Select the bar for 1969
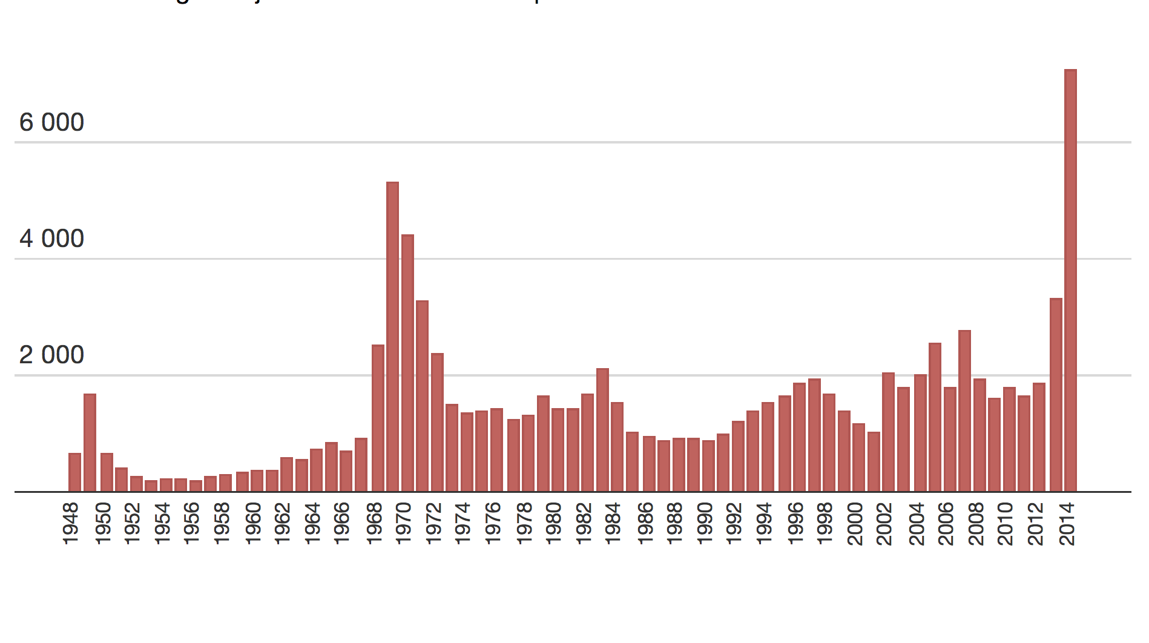click(392, 337)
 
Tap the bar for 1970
click(407, 363)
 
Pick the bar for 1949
click(90, 443)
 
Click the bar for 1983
click(602, 430)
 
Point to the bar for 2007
click(964, 411)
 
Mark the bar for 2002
click(888, 432)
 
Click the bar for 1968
click(378, 418)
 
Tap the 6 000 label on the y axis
click(51, 123)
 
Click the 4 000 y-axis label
click(51, 239)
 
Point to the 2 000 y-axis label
click(51, 355)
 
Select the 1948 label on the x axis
click(71, 524)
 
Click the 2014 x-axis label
click(1068, 524)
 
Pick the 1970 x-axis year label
click(404, 524)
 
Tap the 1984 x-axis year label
click(614, 524)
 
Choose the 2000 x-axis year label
click(855, 524)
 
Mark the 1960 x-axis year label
click(253, 524)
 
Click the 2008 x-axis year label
click(976, 524)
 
